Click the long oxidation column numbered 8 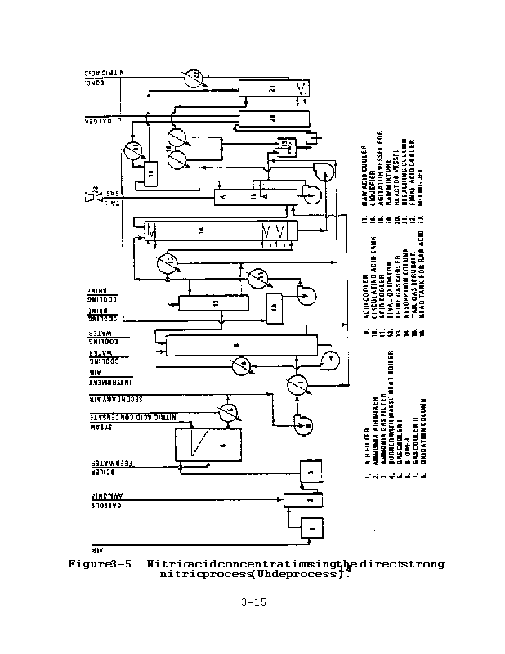237,345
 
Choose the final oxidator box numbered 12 213,302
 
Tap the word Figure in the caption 92,564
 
